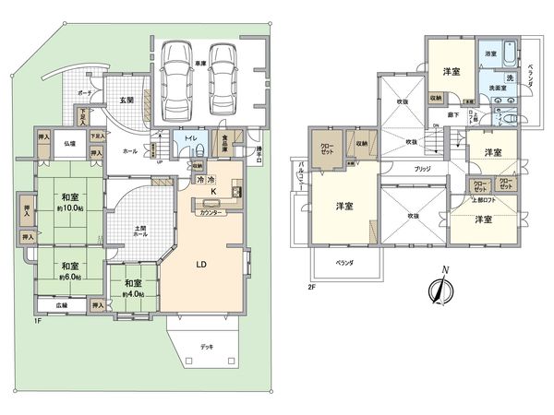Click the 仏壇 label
coord(69,145)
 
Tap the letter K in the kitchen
coord(214,193)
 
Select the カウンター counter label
coord(212,213)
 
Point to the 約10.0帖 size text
coord(70,207)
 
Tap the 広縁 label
coord(61,305)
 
